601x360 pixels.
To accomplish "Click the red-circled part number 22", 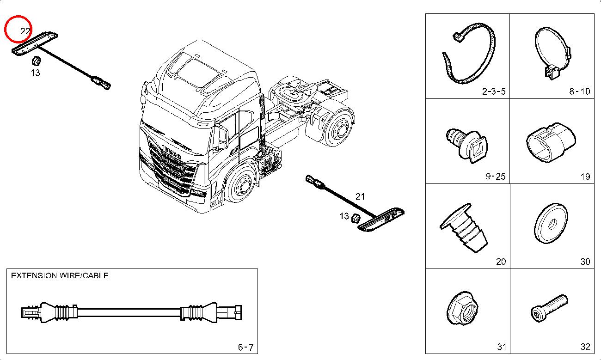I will click(x=25, y=31).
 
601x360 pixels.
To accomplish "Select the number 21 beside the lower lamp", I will click(x=360, y=196).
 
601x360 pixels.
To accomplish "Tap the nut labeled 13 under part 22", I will click(x=36, y=61).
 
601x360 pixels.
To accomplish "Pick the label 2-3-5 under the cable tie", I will click(x=494, y=91).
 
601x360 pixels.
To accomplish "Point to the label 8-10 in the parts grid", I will click(x=579, y=91).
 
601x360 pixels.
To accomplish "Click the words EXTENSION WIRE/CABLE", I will click(x=60, y=275).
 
